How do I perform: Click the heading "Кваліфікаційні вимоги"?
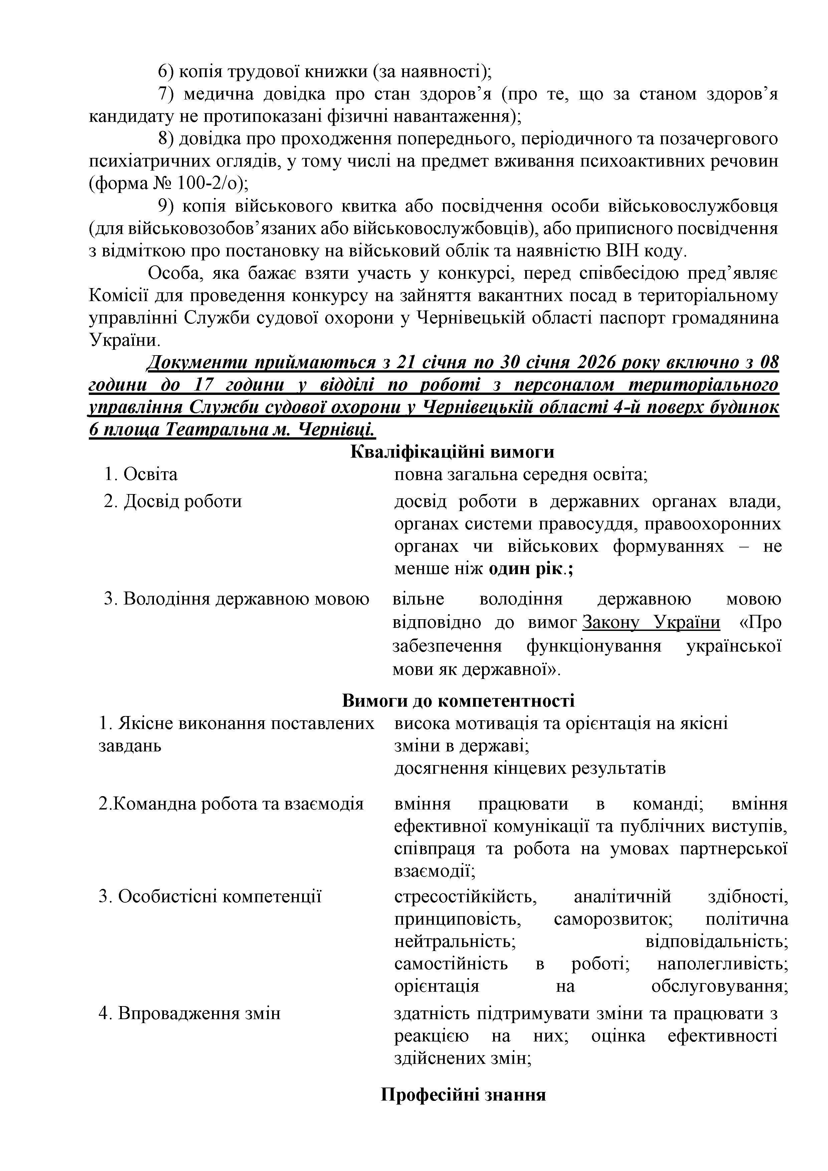(x=452, y=452)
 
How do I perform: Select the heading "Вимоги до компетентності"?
(x=458, y=700)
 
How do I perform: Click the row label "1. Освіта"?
(x=141, y=474)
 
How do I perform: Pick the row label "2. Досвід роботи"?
(x=173, y=501)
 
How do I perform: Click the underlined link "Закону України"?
(x=651, y=623)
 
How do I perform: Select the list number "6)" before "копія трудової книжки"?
(x=166, y=72)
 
